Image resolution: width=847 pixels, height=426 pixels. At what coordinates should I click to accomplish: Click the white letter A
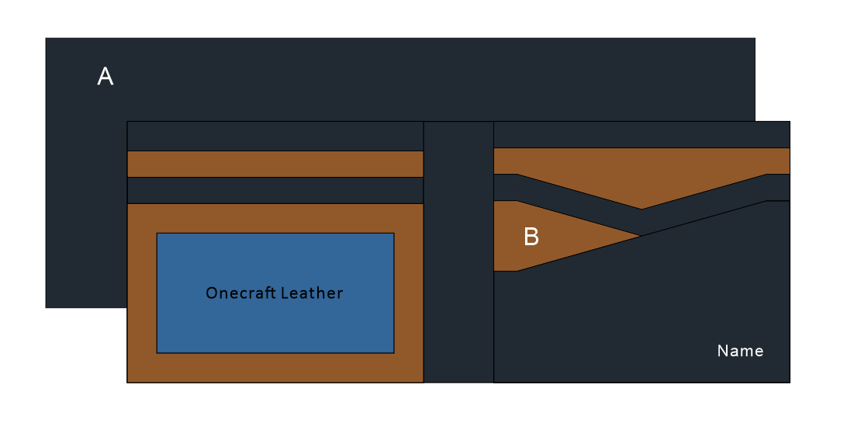[105, 76]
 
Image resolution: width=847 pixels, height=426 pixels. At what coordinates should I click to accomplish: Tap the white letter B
[531, 237]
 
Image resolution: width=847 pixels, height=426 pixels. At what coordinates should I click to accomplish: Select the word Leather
[312, 293]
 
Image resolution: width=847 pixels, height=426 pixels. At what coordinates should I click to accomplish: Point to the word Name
[740, 351]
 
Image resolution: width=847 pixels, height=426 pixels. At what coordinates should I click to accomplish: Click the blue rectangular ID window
[275, 326]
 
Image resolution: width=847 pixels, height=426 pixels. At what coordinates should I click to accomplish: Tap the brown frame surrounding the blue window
[275, 368]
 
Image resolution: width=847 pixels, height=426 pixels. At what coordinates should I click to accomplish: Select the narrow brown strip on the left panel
[275, 164]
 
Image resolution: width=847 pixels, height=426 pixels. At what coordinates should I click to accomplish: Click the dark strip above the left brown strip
[275, 136]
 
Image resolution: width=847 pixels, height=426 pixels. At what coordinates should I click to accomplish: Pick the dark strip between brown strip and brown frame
[275, 190]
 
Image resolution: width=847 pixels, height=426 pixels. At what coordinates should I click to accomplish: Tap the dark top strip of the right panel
[641, 134]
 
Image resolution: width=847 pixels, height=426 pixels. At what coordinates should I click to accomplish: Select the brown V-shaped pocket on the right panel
[641, 178]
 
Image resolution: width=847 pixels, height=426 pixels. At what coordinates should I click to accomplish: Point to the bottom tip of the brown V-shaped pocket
[641, 207]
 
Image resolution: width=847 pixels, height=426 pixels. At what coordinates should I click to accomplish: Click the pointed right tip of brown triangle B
[638, 235]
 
